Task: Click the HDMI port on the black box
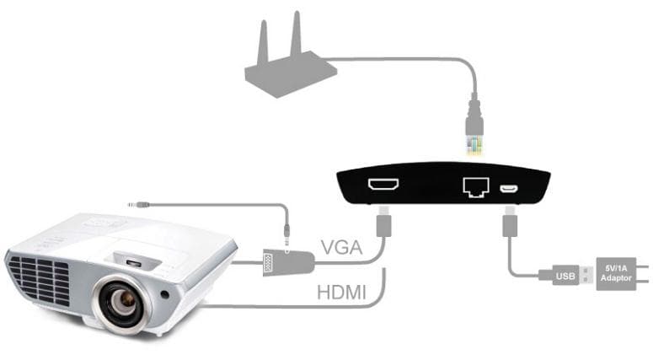[383, 184]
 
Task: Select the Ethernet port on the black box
[475, 187]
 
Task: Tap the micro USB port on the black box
[508, 189]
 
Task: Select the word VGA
[341, 248]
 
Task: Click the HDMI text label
[341, 293]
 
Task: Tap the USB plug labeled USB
[565, 276]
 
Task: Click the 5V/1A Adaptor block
[616, 273]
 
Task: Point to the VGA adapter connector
[288, 262]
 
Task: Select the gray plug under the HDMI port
[383, 222]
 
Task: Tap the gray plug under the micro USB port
[510, 222]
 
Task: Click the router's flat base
[291, 75]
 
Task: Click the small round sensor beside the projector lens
[165, 294]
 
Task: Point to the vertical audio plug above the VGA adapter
[287, 236]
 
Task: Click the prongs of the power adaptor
[643, 274]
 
